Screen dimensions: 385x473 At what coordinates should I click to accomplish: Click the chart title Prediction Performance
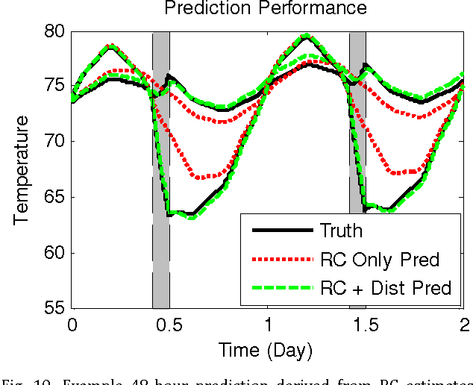266,8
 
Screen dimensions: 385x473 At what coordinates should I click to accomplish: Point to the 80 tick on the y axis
56,32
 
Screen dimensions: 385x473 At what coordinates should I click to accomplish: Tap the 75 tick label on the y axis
56,87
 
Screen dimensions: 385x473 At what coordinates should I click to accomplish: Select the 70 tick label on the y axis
56,142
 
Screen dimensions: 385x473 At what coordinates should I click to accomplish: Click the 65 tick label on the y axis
56,198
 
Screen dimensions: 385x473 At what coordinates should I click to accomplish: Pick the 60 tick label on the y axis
56,253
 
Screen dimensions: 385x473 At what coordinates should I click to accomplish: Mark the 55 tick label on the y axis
56,307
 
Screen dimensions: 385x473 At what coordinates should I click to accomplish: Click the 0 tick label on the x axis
72,325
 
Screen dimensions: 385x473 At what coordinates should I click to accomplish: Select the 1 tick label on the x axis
268,325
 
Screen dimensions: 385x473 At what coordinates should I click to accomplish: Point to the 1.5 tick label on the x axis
366,325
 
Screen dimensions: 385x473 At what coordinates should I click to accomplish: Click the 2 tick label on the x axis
463,325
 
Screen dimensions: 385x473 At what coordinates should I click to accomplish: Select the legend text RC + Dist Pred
386,288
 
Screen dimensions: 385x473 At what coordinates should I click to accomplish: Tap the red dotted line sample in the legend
282,260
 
